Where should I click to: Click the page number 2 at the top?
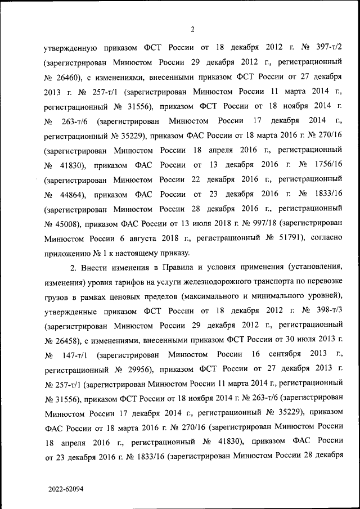(192, 29)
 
